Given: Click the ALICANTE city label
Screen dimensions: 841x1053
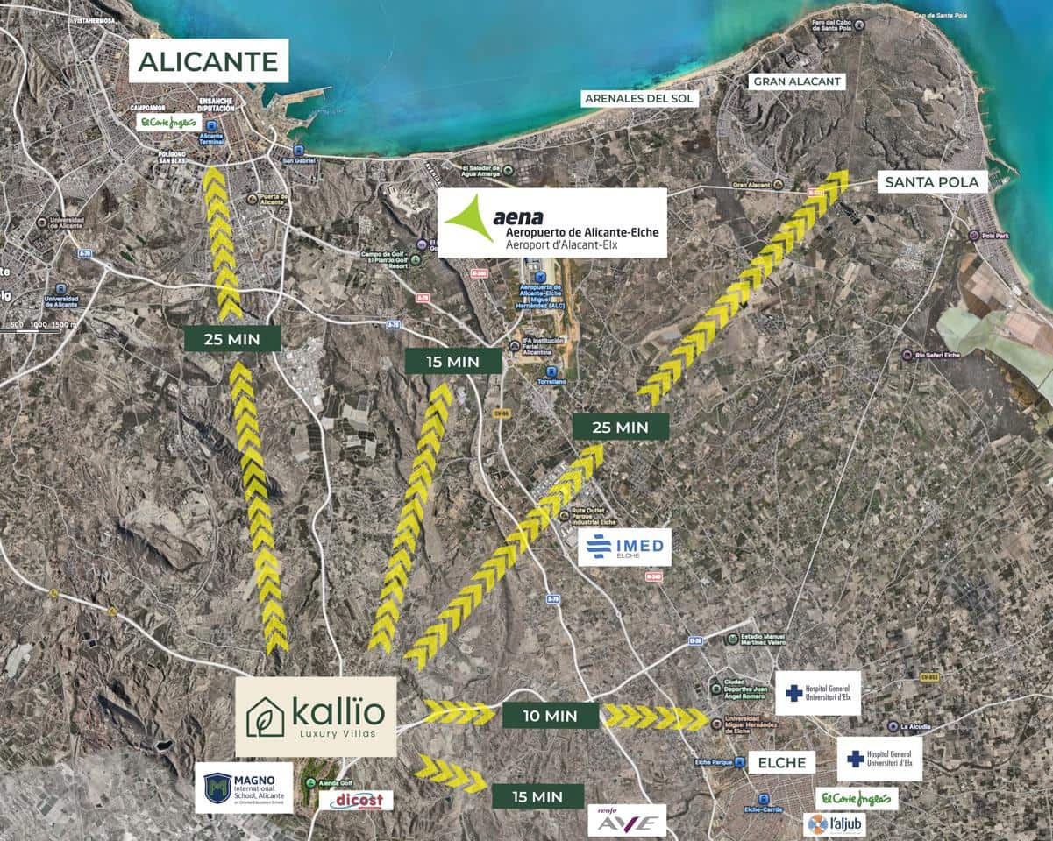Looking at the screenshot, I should click(209, 60).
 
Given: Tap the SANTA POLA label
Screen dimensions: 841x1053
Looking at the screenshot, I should click(933, 182).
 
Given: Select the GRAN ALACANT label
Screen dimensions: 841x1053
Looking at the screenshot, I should click(797, 81).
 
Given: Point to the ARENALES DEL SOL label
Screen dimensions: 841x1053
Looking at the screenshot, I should click(639, 99).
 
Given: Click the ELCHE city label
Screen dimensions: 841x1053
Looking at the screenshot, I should click(781, 762).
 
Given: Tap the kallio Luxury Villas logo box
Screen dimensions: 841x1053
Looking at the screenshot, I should click(316, 717).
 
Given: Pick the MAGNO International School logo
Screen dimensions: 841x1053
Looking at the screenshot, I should click(244, 788).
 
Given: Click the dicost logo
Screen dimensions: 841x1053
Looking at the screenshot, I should click(356, 800).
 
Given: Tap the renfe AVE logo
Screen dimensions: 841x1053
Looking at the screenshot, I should click(627, 821).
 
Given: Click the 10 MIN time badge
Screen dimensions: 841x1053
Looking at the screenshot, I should click(551, 716).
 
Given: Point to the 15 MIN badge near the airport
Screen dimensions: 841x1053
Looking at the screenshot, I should click(453, 361).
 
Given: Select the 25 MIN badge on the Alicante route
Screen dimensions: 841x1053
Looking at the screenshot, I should click(232, 338).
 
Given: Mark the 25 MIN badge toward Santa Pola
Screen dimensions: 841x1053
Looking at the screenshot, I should click(620, 427).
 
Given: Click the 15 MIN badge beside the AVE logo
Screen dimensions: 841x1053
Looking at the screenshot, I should click(537, 796).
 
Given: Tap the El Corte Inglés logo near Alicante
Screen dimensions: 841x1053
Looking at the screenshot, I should click(169, 122).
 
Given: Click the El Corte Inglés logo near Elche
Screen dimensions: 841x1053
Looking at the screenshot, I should click(857, 798).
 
